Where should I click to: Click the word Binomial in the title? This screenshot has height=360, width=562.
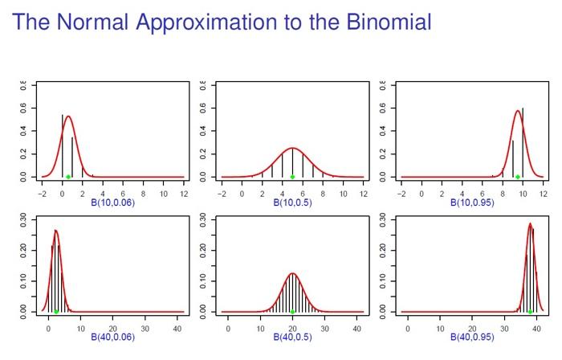tap(381, 22)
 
